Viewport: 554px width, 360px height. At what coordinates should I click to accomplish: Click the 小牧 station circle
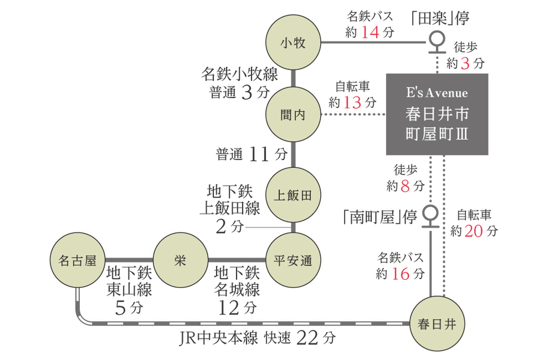(x=293, y=43)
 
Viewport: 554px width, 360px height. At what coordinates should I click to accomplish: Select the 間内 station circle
(x=293, y=115)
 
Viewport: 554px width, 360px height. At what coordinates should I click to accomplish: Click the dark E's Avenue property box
(x=437, y=114)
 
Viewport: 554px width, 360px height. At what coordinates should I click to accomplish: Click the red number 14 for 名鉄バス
(x=371, y=33)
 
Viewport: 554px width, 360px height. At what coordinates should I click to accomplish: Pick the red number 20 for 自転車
(x=474, y=231)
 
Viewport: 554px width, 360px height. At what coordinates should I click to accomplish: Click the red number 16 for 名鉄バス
(x=400, y=274)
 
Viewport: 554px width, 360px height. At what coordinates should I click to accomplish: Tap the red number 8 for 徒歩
(x=406, y=186)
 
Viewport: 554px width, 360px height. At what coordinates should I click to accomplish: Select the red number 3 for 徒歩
(x=465, y=63)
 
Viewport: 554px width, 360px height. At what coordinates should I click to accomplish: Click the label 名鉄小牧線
(x=240, y=74)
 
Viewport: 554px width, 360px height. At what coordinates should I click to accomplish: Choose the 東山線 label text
(x=129, y=290)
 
